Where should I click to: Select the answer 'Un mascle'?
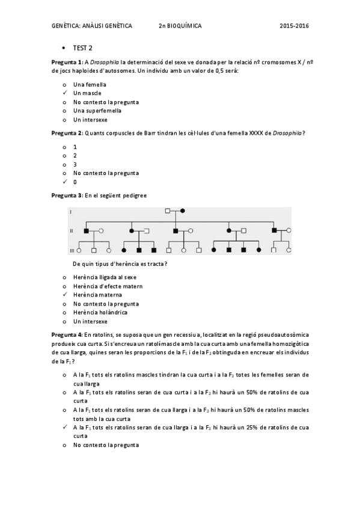coord(87,93)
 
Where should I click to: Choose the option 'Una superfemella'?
coord(97,111)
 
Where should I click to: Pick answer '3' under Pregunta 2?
coord(75,164)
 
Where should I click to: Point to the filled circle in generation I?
coord(182,211)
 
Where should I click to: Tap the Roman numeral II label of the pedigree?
coord(72,230)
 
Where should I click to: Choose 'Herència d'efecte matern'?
coord(108,286)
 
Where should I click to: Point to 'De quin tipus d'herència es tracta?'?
coord(120,264)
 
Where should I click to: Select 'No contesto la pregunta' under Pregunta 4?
coord(106,445)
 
